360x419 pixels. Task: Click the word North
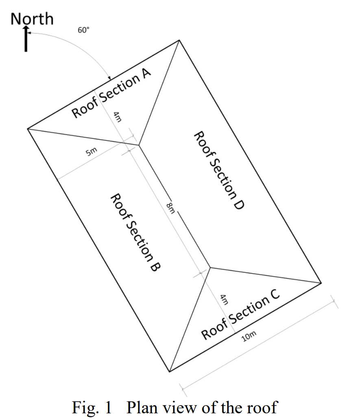(x=32, y=18)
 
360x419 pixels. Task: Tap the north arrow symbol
(x=26, y=39)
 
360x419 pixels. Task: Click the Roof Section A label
(x=111, y=94)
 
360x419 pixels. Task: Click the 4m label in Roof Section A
(x=118, y=117)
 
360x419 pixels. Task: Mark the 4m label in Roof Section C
(x=223, y=300)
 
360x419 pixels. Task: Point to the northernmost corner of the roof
(x=179, y=40)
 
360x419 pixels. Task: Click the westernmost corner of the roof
(x=28, y=129)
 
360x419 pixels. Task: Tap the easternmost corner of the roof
(x=321, y=283)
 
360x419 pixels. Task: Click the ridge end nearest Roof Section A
(x=139, y=145)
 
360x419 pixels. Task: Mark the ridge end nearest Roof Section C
(x=210, y=268)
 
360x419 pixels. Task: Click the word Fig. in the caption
(x=85, y=407)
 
